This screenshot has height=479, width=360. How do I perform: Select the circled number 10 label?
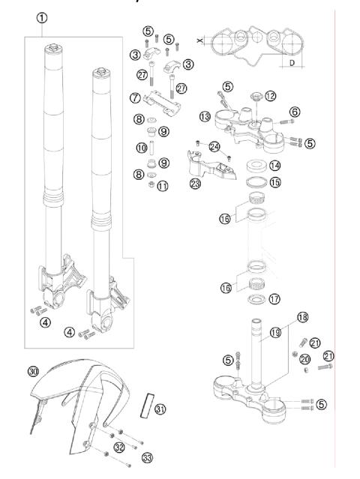click(141, 148)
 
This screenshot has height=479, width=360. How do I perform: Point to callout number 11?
click(161, 184)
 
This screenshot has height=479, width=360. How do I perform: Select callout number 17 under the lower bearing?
click(274, 298)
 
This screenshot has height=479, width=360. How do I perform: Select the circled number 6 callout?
click(295, 111)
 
